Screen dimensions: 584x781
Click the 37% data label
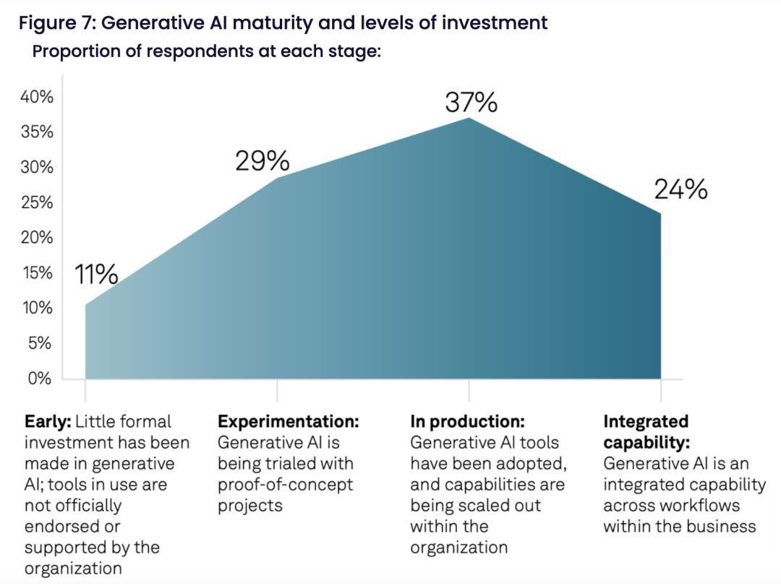[x=471, y=103]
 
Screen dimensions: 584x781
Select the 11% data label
[x=95, y=274]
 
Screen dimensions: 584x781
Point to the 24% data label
[x=680, y=189]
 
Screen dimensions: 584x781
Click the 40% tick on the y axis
[x=37, y=97]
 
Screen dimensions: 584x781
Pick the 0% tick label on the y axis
[x=40, y=379]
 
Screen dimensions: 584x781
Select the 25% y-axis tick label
[x=37, y=202]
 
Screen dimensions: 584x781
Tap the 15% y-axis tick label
[x=37, y=273]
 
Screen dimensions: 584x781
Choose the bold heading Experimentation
[x=289, y=421]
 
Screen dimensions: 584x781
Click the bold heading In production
[x=467, y=421]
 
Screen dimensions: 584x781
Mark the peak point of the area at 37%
[x=469, y=118]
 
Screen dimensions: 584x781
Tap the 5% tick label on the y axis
[x=40, y=343]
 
